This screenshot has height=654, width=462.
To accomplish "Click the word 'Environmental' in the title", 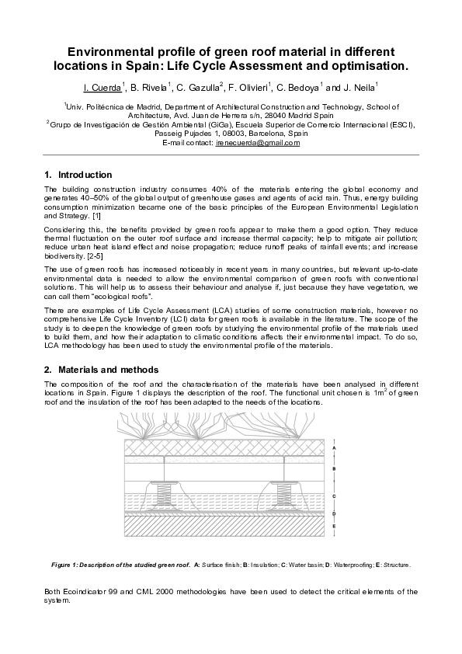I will point(110,50).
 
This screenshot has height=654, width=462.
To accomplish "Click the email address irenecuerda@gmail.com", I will point(257,143).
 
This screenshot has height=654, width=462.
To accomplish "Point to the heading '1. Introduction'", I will point(78,175).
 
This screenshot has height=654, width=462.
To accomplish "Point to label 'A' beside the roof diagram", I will point(333,448).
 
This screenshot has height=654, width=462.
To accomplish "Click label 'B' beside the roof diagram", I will point(333,468).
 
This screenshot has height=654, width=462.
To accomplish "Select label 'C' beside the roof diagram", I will point(333,495).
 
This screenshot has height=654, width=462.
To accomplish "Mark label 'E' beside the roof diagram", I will point(333,527).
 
